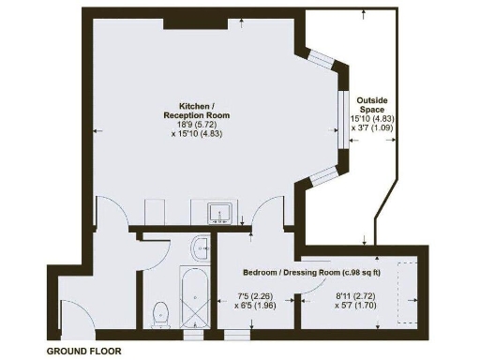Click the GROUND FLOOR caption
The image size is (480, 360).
coord(83,351)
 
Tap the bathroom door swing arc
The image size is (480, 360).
coord(150,253)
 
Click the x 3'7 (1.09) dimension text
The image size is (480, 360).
coord(371,128)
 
